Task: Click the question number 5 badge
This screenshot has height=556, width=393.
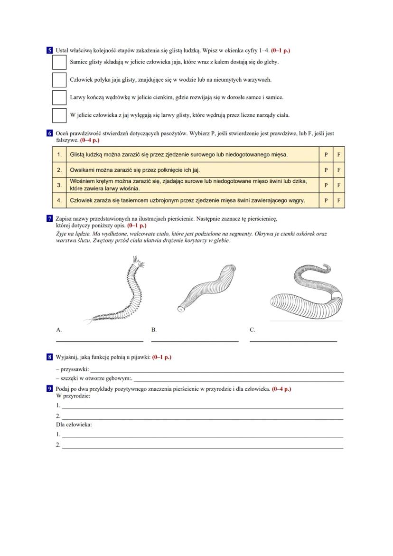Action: coord(50,50)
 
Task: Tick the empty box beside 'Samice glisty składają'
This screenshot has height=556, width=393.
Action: coord(59,62)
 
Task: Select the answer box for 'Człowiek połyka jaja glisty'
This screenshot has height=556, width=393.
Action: coord(59,80)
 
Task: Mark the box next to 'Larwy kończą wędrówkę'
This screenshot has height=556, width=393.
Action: coord(59,97)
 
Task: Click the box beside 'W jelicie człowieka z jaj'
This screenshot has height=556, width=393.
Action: coord(59,115)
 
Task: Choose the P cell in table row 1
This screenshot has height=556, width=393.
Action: coord(326,154)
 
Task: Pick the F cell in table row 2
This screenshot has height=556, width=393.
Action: coord(338,170)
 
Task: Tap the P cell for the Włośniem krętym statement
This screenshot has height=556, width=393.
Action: coord(326,185)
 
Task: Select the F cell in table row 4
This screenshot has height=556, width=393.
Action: coord(338,200)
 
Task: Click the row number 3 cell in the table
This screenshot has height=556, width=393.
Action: coord(59,185)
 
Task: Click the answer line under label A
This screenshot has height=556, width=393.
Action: coord(100,341)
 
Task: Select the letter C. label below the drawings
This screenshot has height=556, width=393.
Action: coord(253,330)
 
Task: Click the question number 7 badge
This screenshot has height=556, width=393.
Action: coord(50,219)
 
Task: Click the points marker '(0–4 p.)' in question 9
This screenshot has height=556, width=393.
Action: coord(281,389)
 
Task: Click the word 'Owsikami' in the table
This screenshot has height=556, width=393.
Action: coord(82,170)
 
